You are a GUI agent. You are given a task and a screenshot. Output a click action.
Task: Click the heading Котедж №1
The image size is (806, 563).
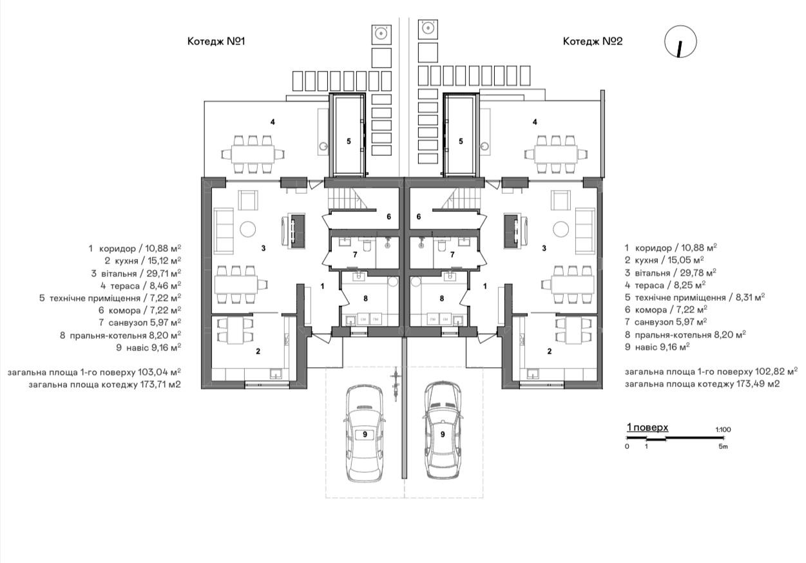(216, 41)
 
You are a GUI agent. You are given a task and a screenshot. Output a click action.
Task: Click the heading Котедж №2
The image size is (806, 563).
(593, 41)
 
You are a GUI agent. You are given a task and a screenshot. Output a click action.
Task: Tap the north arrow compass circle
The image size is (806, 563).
(680, 41)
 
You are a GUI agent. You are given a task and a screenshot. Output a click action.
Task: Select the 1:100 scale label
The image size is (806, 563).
(723, 430)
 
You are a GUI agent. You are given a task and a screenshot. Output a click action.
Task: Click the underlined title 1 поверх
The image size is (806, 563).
(648, 427)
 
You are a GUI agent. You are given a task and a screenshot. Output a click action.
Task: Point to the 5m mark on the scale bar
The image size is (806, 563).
(723, 446)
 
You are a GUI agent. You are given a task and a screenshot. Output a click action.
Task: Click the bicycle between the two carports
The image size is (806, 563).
(396, 384)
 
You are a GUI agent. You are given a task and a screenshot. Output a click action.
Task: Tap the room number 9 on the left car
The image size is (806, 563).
(365, 435)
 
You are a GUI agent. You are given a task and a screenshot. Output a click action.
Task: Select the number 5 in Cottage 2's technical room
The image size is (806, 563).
(461, 141)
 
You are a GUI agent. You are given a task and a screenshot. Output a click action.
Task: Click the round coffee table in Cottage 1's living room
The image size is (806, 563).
(248, 229)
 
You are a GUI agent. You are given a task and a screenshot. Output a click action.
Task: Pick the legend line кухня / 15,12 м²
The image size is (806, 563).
(143, 261)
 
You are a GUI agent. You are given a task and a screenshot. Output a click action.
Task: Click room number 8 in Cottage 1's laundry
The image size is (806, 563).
(365, 298)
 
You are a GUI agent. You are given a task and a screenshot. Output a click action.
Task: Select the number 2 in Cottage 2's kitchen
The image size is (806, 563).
(550, 351)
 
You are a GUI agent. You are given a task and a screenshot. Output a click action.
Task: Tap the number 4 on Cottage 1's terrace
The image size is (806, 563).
(273, 122)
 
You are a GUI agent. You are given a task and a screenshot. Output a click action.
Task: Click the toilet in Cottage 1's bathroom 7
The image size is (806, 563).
(367, 245)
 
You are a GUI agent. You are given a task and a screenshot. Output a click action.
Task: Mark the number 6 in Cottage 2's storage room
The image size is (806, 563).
(419, 216)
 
